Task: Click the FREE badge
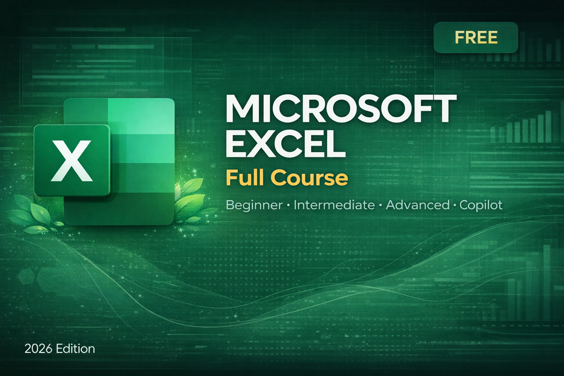pos(476,37)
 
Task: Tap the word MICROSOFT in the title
pos(341,109)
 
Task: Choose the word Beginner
pos(254,205)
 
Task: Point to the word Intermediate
pos(334,205)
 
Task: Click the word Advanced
pos(418,205)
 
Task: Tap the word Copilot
pos(481,205)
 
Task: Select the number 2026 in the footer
pos(38,348)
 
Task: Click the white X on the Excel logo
pos(72,160)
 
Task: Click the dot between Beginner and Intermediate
pos(288,205)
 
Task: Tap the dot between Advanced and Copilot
pos(455,205)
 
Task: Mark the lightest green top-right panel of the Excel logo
pos(141,116)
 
